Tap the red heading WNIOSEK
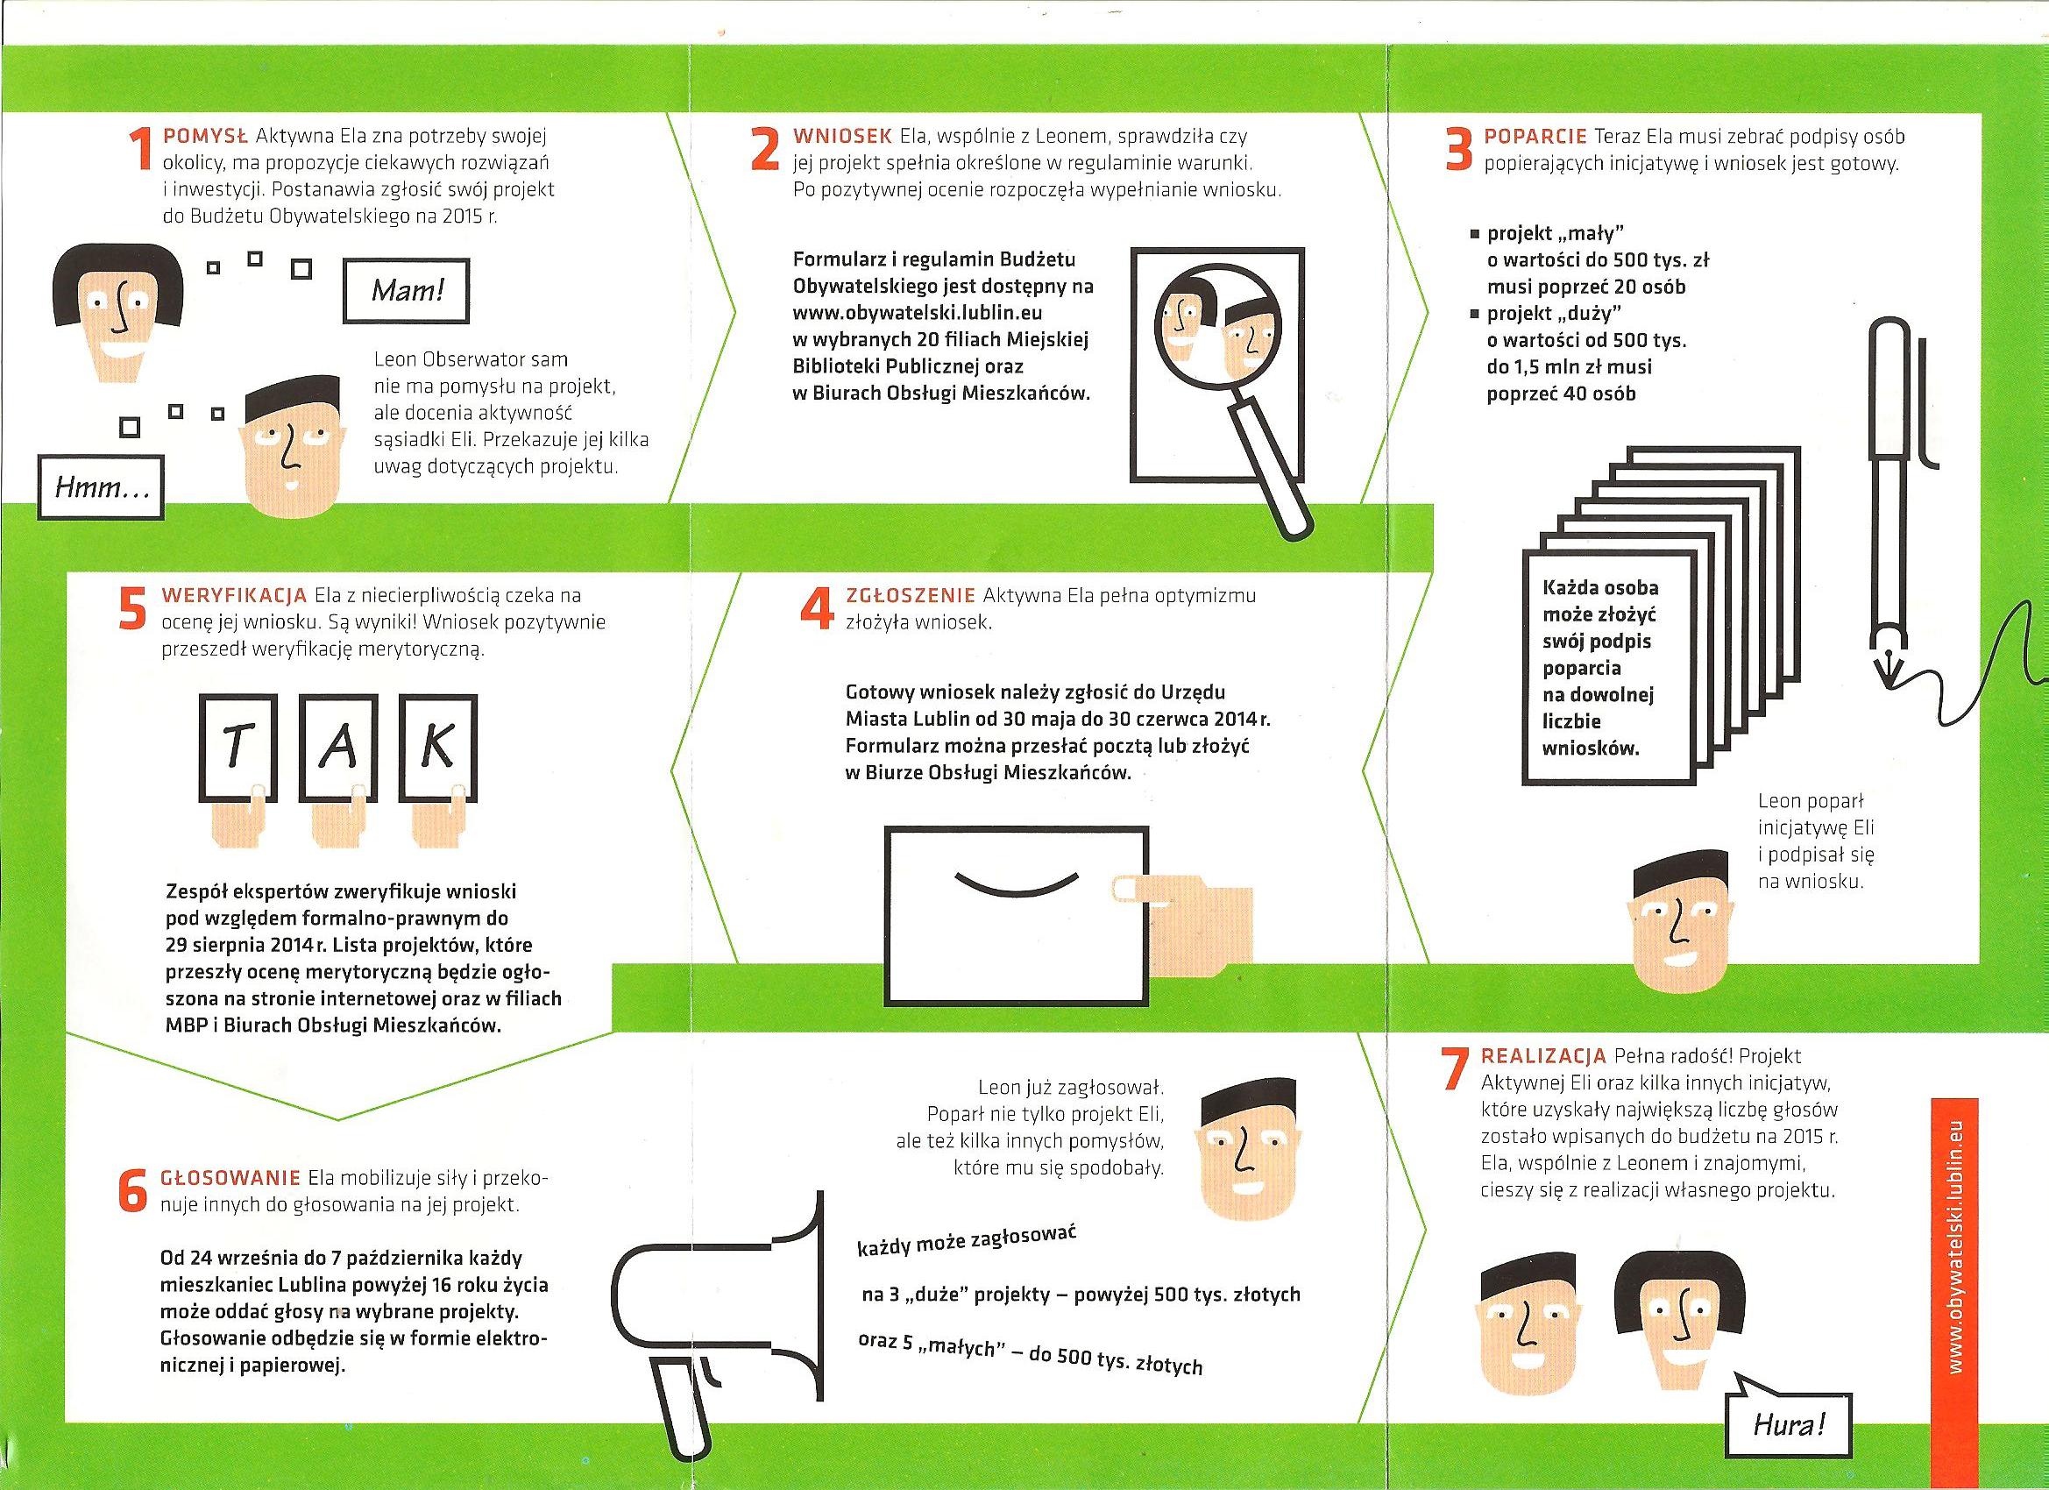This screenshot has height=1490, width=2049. click(841, 137)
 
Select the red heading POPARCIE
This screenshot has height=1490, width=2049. click(1535, 137)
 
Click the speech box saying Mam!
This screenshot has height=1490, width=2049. click(407, 291)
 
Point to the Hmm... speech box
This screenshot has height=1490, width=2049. click(100, 488)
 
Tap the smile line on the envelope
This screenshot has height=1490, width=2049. click(1017, 883)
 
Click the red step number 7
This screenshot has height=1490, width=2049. click(1453, 1071)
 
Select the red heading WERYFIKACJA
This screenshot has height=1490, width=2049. click(234, 595)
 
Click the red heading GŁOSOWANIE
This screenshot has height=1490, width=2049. click(230, 1178)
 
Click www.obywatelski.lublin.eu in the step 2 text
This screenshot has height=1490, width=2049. click(918, 313)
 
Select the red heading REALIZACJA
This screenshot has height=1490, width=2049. click(1543, 1056)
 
